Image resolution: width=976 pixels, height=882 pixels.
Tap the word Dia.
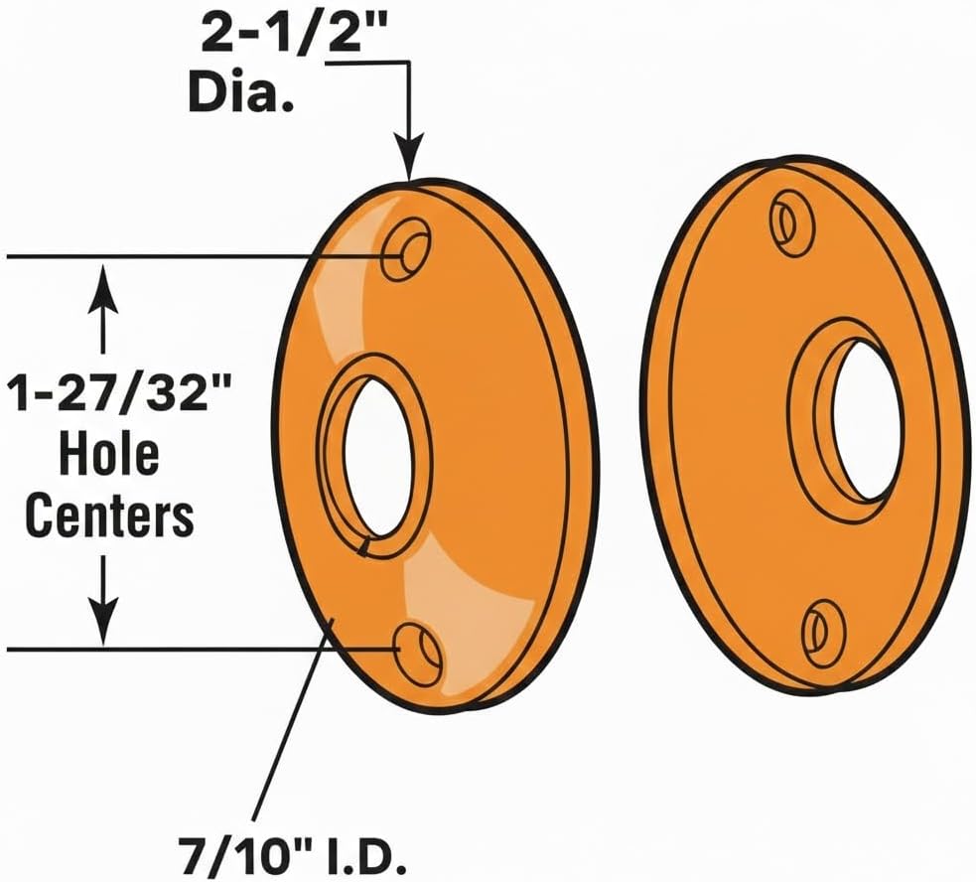click(x=241, y=92)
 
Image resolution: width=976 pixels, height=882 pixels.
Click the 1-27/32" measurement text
click(x=119, y=393)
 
